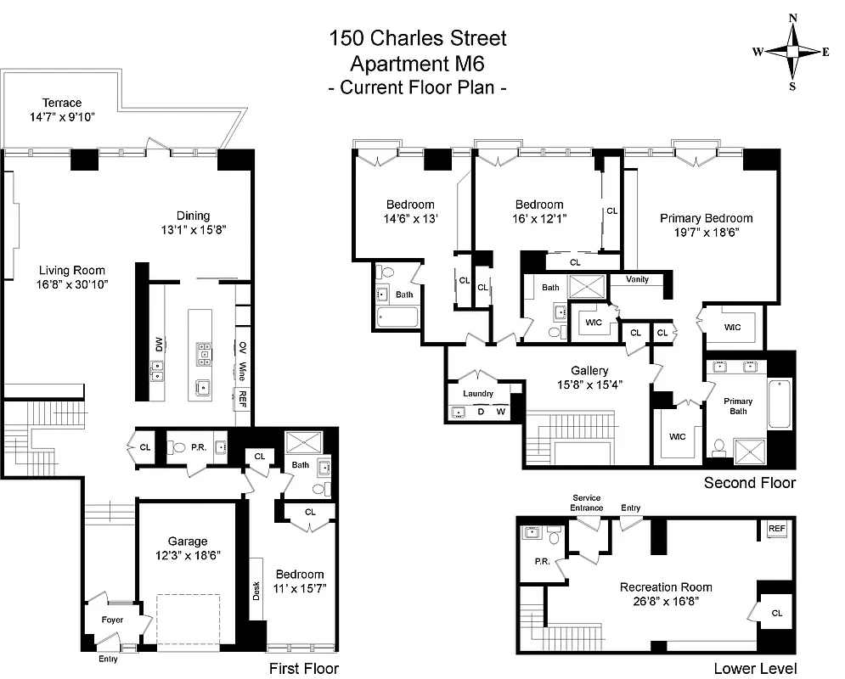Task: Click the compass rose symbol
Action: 791,52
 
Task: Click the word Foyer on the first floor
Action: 112,620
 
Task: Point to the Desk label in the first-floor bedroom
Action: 256,591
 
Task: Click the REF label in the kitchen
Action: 243,395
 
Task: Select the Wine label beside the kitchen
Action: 243,371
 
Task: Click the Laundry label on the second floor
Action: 478,394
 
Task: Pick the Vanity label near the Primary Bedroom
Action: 637,279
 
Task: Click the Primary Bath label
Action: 738,406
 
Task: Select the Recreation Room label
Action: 666,587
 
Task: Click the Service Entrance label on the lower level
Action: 587,502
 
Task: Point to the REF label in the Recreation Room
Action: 776,528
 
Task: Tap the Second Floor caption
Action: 750,483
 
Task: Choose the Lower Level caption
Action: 754,668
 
